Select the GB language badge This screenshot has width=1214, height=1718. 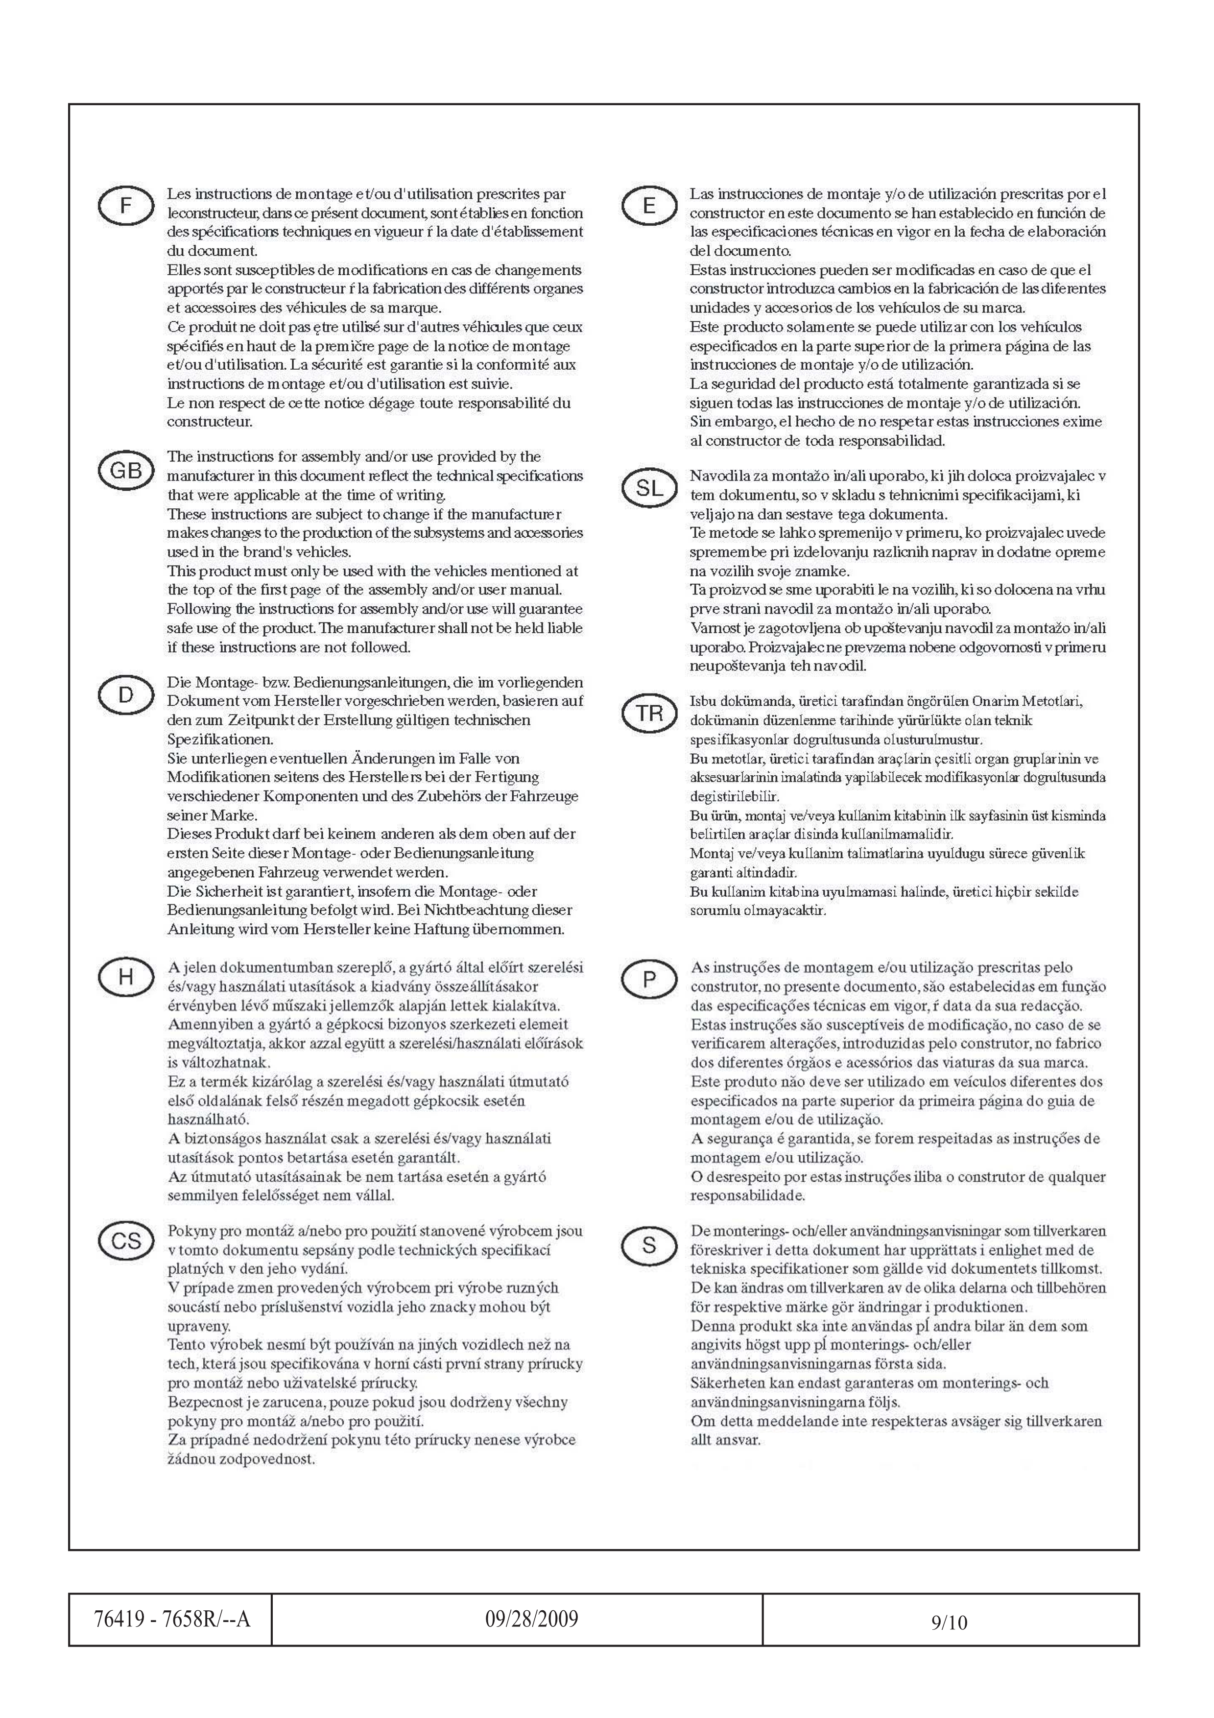(x=126, y=471)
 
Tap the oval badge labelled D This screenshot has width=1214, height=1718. (x=126, y=695)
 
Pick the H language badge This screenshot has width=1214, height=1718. (x=126, y=977)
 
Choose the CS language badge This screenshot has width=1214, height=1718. (x=126, y=1241)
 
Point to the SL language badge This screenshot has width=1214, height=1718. (x=648, y=489)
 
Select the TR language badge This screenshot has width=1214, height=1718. (x=648, y=714)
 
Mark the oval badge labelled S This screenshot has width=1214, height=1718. (x=648, y=1244)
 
